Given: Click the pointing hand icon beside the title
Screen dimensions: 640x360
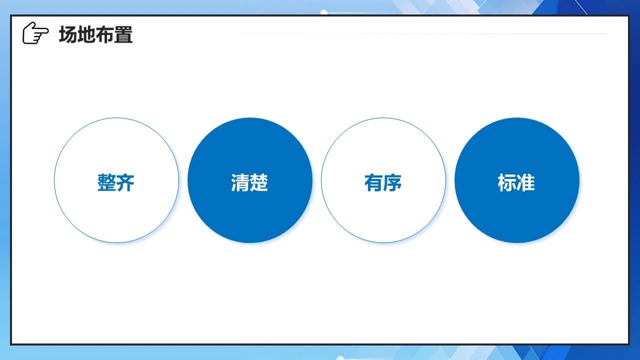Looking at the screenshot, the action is [x=35, y=33].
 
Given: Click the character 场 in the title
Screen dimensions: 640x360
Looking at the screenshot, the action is [x=68, y=34].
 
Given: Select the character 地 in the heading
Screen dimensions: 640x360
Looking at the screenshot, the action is [x=86, y=34].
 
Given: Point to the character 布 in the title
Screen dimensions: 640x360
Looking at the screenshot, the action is [x=105, y=34].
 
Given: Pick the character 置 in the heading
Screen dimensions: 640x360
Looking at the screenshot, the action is [x=123, y=34].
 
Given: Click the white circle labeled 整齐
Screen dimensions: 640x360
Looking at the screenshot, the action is [x=116, y=180].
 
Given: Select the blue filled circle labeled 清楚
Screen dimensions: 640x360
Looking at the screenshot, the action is [x=250, y=180].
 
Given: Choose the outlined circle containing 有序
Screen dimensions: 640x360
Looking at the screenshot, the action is [x=383, y=180].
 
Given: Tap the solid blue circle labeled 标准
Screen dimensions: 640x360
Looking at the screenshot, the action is [x=517, y=180].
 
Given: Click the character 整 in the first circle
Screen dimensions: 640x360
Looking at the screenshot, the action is [x=106, y=182].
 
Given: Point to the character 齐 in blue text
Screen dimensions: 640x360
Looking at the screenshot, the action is [x=125, y=182].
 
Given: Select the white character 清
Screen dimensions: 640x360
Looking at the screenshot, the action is [x=240, y=182].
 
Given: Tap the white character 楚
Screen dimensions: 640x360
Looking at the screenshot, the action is [x=258, y=182].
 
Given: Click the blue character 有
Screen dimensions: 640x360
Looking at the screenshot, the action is [x=373, y=182].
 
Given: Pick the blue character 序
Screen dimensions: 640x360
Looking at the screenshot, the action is [x=392, y=182].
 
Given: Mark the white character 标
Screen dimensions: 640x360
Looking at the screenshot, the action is [x=507, y=182].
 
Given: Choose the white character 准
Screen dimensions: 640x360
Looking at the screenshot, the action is [x=525, y=182].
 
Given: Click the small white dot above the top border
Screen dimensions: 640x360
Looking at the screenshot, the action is [x=323, y=12].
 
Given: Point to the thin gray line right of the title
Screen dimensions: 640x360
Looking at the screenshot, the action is [x=420, y=33].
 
